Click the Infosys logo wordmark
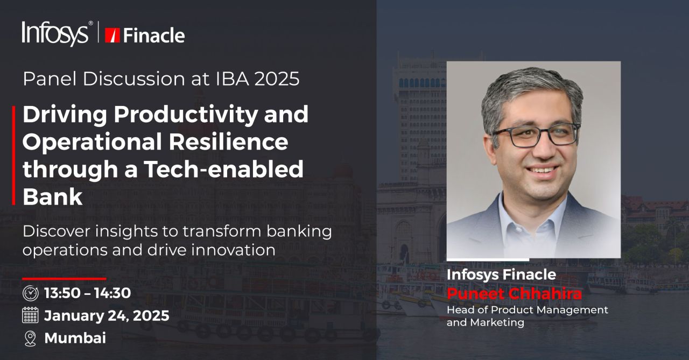tap(55, 33)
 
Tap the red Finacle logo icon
tap(112, 36)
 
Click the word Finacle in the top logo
tap(154, 36)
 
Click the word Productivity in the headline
tap(186, 115)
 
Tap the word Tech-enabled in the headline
tap(223, 169)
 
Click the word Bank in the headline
tap(52, 196)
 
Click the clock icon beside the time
tap(31, 293)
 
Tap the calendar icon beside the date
tap(30, 315)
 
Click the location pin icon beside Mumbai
tap(30, 338)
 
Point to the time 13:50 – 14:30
tap(87, 293)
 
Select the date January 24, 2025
tap(107, 316)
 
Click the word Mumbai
tap(75, 338)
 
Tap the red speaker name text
tap(514, 294)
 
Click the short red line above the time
tap(64, 279)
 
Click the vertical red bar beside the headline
tap(13, 156)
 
